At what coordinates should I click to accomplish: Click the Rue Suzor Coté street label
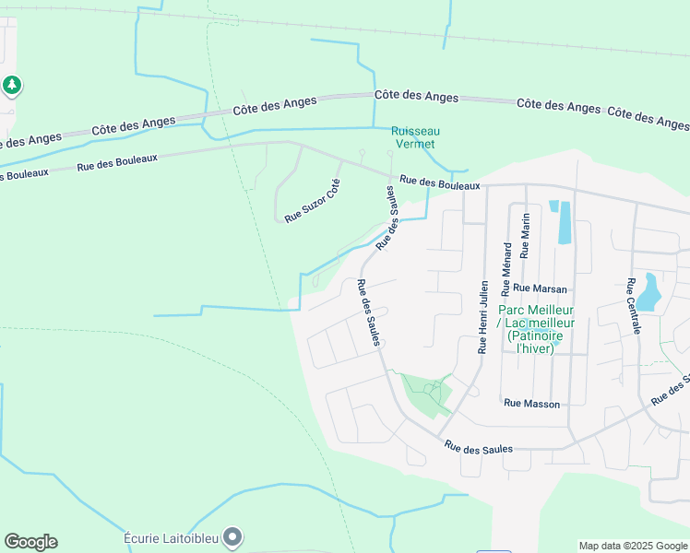click(x=313, y=201)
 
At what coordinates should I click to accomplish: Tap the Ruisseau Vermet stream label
click(x=412, y=137)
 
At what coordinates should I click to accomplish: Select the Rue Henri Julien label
click(x=482, y=318)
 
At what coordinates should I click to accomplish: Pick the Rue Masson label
click(x=531, y=404)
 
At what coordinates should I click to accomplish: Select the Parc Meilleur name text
click(x=536, y=311)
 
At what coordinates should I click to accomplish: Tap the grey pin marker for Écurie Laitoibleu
click(x=232, y=535)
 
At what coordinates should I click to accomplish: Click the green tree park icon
click(x=11, y=86)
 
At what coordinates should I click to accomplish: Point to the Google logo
click(x=30, y=542)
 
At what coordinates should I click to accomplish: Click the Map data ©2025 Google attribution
click(x=632, y=546)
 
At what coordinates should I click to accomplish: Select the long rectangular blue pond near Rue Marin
click(x=564, y=222)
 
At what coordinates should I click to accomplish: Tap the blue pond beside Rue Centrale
click(x=649, y=291)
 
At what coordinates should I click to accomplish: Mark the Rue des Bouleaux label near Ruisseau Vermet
click(x=440, y=183)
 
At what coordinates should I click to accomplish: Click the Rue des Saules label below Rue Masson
click(x=478, y=448)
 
